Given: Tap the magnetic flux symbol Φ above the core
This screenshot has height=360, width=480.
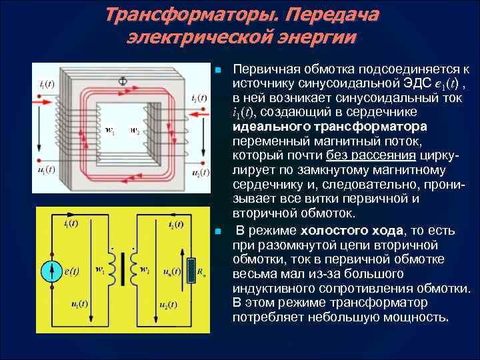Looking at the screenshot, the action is click(x=122, y=81).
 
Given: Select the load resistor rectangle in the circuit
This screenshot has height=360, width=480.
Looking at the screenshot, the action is click(x=192, y=271).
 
